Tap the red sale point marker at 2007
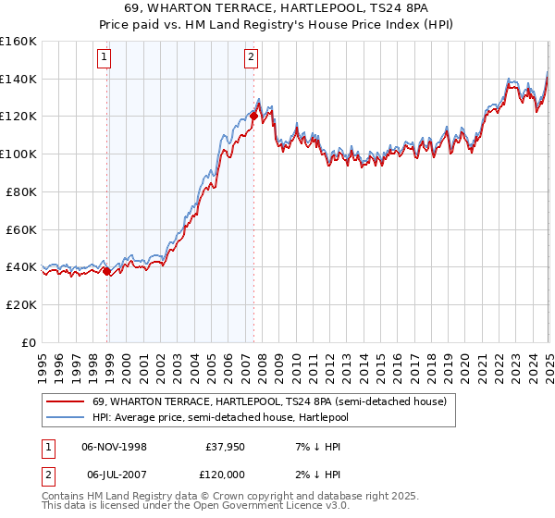tap(253, 117)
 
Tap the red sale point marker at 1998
tap(107, 271)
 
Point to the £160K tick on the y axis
tap(18, 42)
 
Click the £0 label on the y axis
tap(28, 342)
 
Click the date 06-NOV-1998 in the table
tap(114, 447)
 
